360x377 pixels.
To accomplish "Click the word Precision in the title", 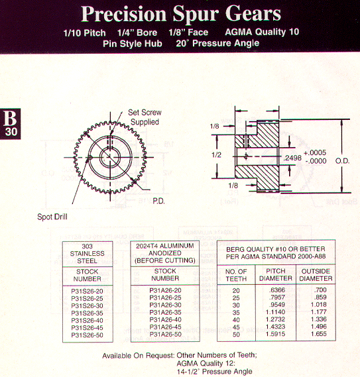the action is [x=123, y=14].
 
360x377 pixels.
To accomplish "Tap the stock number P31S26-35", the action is [x=87, y=313].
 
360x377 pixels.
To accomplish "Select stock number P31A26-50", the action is [x=165, y=334].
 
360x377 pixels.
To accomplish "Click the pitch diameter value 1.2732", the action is [x=275, y=319].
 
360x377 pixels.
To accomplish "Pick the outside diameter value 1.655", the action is [x=319, y=334].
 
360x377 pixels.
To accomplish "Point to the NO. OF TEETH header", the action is [x=236, y=275].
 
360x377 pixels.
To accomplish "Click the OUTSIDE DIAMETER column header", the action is [x=316, y=275].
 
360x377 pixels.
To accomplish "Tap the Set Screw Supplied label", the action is [x=145, y=117].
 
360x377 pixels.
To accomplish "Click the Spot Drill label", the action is [x=52, y=217].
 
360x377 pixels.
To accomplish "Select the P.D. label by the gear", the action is [x=158, y=201].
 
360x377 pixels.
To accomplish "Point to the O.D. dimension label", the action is [x=342, y=161].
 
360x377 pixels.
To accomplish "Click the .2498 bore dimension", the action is [x=292, y=158].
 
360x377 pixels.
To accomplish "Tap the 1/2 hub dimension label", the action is [x=216, y=155].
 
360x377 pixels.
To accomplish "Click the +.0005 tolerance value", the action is [x=315, y=152].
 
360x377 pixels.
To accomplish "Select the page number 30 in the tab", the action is [x=11, y=132].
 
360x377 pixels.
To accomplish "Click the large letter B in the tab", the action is [x=10, y=118].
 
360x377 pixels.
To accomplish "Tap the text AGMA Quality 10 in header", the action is [x=262, y=32].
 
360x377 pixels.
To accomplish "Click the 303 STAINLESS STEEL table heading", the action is [x=87, y=253].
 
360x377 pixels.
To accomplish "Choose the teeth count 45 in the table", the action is [x=236, y=327].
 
